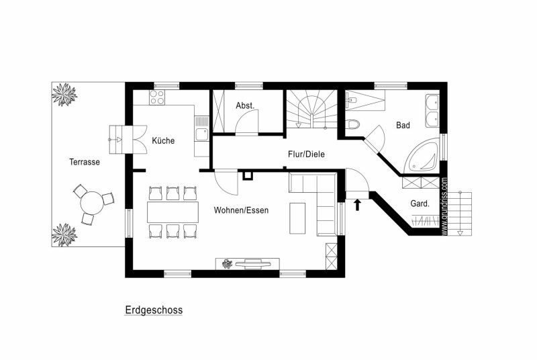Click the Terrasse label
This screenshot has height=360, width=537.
point(85,162)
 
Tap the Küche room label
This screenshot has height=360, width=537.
point(163,140)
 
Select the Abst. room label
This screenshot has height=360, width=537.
point(245,106)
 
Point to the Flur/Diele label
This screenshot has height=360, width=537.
point(306,154)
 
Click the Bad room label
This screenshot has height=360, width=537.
point(403,126)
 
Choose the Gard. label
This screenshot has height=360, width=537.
point(420,204)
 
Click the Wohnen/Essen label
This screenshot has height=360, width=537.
point(241,210)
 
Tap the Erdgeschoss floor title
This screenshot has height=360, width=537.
point(154,310)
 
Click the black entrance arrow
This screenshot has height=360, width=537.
point(358,205)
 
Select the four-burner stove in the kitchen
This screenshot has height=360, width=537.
point(157,97)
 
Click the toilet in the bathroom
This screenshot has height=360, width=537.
point(352,124)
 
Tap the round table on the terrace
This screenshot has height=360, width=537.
point(92,203)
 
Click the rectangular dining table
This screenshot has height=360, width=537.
point(173,212)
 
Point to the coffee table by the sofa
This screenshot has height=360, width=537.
point(297,218)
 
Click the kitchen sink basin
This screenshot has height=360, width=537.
point(202,134)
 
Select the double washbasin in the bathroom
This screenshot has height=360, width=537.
point(432,109)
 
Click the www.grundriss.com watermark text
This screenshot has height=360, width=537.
point(444,206)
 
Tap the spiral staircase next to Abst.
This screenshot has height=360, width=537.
point(311,109)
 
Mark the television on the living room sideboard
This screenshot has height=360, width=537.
point(253,263)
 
